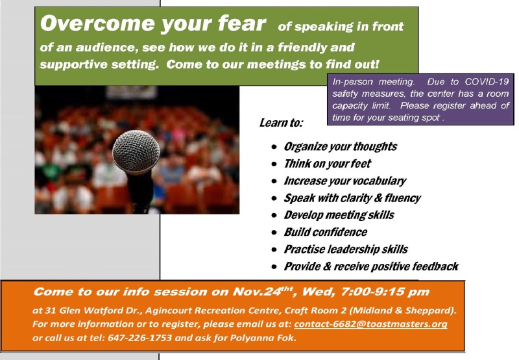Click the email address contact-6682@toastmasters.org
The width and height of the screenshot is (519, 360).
click(x=370, y=324)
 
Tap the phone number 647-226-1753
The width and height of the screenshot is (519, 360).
click(x=139, y=338)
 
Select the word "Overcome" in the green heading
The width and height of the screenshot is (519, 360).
click(x=98, y=23)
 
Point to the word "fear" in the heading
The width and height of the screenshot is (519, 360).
click(x=242, y=23)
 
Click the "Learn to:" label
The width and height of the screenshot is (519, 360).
click(x=281, y=123)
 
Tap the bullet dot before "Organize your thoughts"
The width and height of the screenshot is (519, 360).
click(x=274, y=146)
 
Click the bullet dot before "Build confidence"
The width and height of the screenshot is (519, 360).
click(x=274, y=233)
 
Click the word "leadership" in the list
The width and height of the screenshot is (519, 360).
click(x=354, y=250)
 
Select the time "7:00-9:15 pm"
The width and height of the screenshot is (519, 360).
click(x=385, y=292)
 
